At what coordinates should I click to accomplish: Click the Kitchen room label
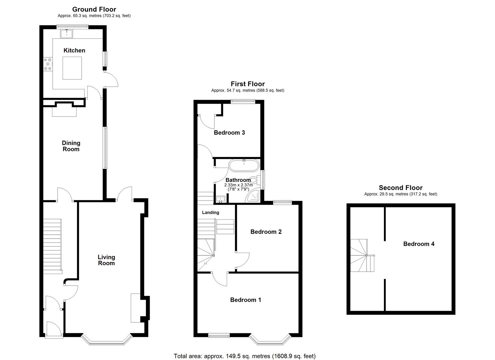(74, 50)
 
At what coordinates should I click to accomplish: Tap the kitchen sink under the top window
(67, 33)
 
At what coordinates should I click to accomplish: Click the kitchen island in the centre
(72, 68)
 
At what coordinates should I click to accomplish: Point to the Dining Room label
(71, 146)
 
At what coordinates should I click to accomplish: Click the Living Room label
(106, 260)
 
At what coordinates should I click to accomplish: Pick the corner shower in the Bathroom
(254, 197)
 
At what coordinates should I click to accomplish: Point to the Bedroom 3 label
(229, 133)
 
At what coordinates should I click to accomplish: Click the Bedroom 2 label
(266, 232)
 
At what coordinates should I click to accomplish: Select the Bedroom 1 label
(246, 300)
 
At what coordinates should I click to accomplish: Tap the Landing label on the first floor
(211, 212)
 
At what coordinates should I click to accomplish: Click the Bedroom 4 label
(419, 244)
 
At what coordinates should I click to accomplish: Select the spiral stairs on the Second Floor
(362, 256)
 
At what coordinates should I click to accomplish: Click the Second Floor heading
(401, 188)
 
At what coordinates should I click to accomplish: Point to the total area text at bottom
(245, 356)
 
